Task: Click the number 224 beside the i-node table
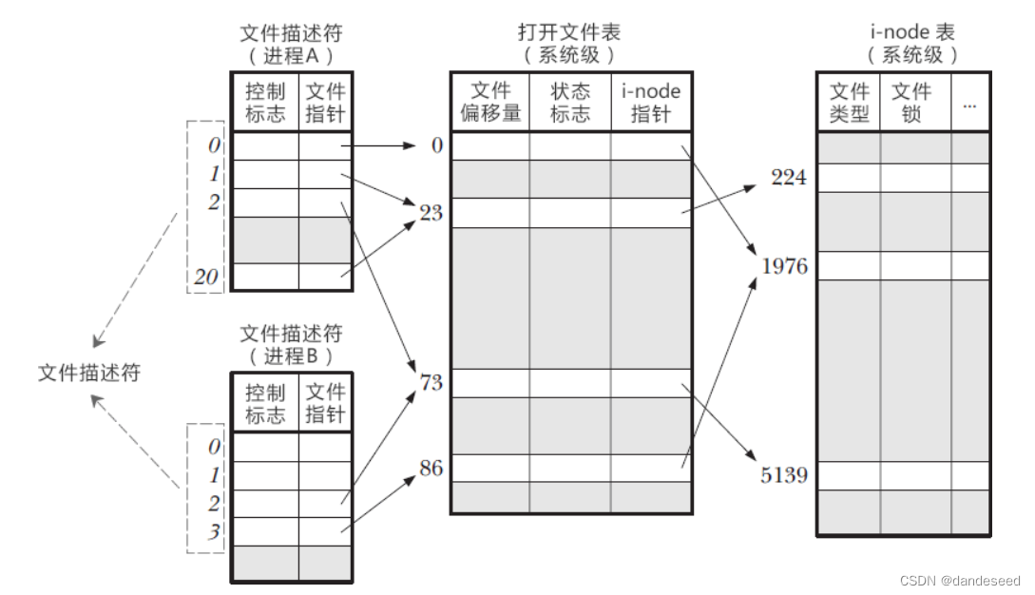(x=788, y=177)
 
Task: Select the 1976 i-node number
(x=784, y=266)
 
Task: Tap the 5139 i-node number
(x=783, y=475)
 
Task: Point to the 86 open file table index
(x=431, y=469)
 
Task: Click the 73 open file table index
(x=431, y=382)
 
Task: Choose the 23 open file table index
(x=431, y=213)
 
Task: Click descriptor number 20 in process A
(x=206, y=277)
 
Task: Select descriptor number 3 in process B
(x=213, y=531)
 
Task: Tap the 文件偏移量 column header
(x=490, y=102)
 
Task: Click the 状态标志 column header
(x=570, y=102)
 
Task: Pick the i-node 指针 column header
(x=651, y=102)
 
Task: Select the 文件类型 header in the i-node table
(x=849, y=102)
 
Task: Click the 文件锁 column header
(x=910, y=102)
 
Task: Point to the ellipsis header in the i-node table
(x=969, y=106)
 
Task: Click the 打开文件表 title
(x=569, y=31)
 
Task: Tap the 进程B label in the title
(x=291, y=355)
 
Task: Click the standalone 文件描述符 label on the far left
(x=89, y=373)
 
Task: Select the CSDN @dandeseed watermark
(x=960, y=581)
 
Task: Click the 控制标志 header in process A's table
(x=265, y=103)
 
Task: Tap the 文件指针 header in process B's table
(x=325, y=403)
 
